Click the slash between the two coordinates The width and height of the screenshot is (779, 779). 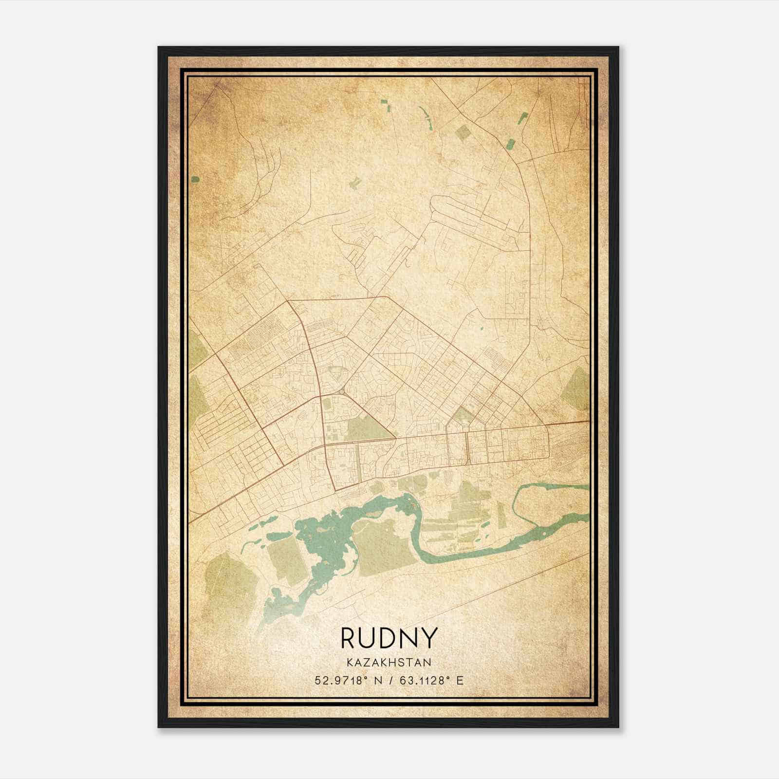point(388,680)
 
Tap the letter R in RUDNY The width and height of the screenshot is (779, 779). point(349,638)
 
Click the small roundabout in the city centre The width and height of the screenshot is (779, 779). point(340,391)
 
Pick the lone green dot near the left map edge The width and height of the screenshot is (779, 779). point(195,179)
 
